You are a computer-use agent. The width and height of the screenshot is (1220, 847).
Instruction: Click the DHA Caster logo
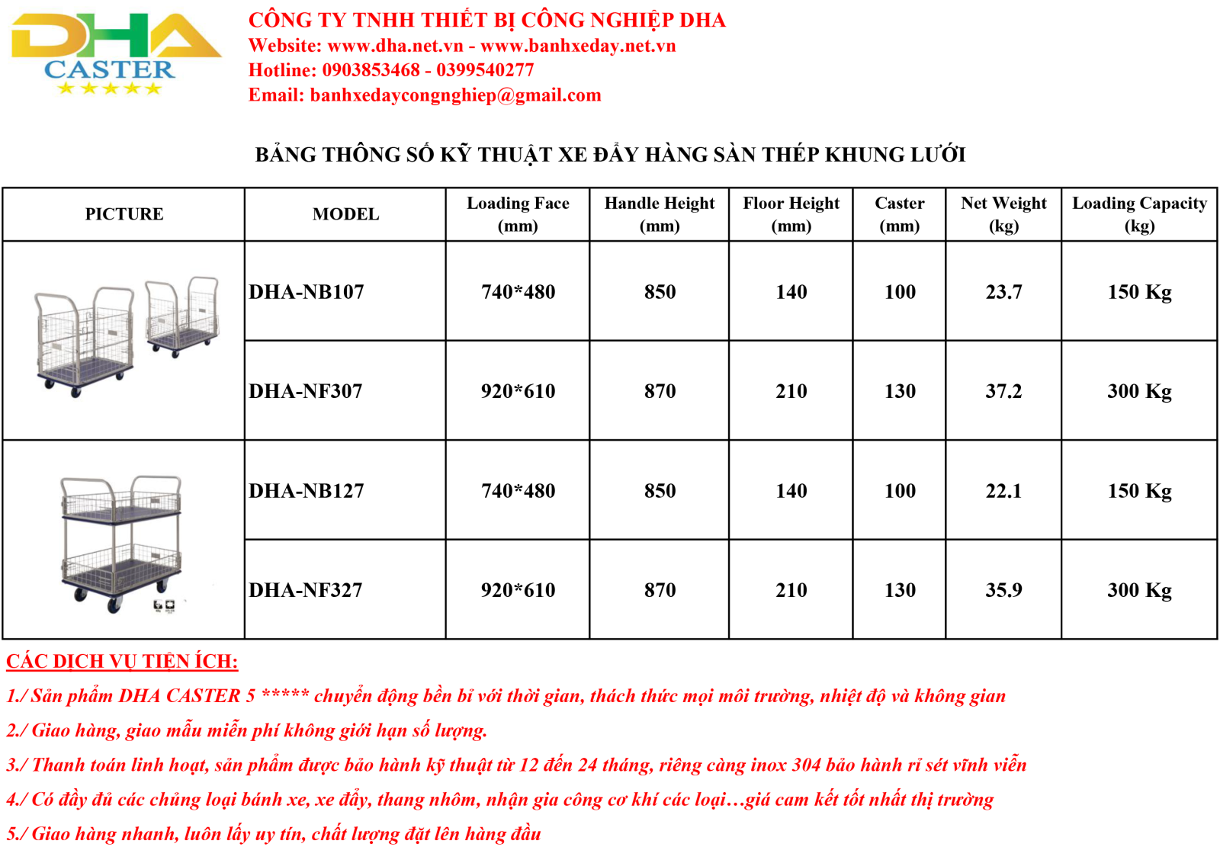point(116,53)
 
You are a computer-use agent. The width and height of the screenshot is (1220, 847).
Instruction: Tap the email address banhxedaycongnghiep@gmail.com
point(455,95)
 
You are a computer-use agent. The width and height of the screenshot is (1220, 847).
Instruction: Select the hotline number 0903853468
point(371,69)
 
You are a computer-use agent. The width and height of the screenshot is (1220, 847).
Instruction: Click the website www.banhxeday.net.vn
point(578,45)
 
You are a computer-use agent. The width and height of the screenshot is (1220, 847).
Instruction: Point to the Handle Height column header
point(659,214)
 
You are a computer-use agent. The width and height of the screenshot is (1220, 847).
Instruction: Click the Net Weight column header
point(1003,214)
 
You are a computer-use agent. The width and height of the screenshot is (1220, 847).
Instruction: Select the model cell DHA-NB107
point(306,292)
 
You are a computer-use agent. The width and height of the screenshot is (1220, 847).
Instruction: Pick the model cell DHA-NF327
point(306,590)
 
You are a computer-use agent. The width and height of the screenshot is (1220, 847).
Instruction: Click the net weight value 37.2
point(1003,391)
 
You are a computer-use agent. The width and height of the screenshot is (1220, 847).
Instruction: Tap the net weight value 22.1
point(1003,491)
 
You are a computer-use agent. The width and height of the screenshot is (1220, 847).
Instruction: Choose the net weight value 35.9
point(1003,590)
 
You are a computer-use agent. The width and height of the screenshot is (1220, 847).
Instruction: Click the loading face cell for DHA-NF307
point(518,391)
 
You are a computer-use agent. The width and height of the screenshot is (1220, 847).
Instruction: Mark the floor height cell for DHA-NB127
point(791,491)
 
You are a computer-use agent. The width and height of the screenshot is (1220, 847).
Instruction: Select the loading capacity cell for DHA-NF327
point(1139,590)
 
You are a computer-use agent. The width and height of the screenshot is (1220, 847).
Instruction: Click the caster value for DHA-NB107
point(900,292)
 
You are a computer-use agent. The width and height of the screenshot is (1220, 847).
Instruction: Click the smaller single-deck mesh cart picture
point(182,316)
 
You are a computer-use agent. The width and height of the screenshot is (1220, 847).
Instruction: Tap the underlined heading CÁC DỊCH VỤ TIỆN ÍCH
point(122,661)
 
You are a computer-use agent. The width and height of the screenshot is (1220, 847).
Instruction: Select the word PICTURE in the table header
point(124,214)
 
